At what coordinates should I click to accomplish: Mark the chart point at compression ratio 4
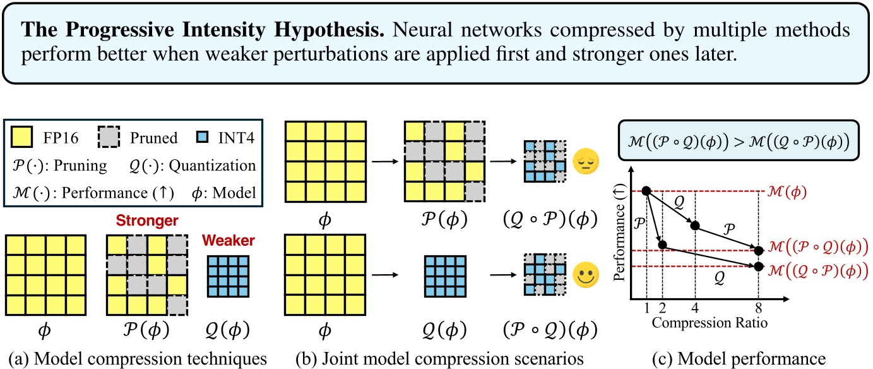695,225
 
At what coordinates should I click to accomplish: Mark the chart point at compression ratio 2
662,244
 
